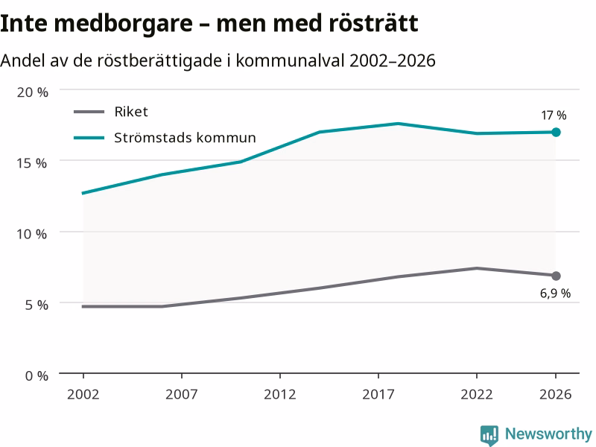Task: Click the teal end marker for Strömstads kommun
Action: pos(556,133)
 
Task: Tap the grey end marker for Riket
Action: pos(556,276)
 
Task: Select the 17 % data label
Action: pos(554,115)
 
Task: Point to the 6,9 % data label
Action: pos(555,294)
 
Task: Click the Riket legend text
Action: pos(131,112)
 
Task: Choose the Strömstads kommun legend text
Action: pos(185,138)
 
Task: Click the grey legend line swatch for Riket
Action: pos(89,112)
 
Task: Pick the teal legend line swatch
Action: pos(89,138)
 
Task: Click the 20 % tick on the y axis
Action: pos(32,92)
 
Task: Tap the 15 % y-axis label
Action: pos(31,163)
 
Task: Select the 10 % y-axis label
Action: pos(31,234)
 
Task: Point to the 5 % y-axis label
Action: pos(37,305)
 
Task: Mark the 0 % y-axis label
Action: pos(37,376)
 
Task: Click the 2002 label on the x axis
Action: pos(83,395)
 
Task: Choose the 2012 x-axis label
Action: pos(280,395)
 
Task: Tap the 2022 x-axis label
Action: pos(477,395)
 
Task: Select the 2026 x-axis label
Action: pos(555,395)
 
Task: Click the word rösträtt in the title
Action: pos(373,23)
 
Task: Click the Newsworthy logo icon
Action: pos(489,435)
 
